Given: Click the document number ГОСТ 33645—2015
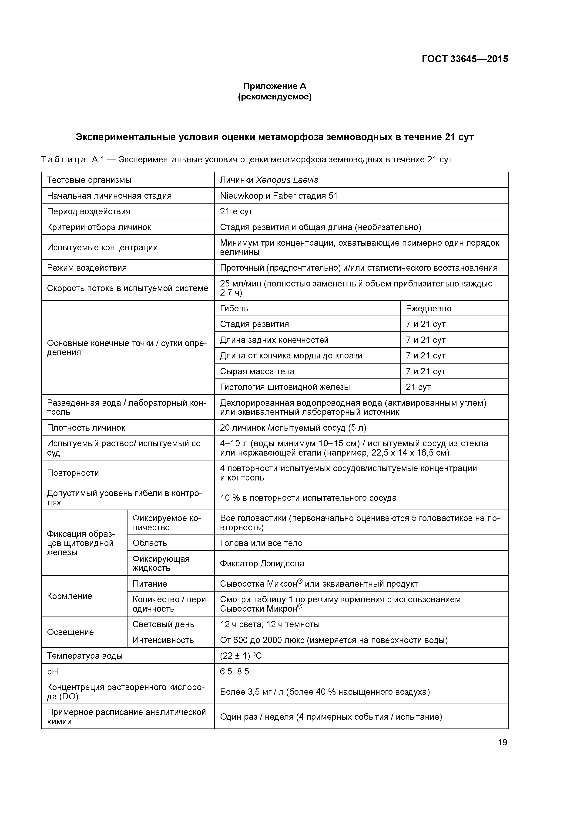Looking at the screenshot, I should [465, 59].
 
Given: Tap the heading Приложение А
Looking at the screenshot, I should [275, 86].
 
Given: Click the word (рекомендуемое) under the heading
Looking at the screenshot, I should [275, 97].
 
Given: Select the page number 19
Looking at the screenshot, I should [502, 742].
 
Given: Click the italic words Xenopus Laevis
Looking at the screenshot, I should [287, 180].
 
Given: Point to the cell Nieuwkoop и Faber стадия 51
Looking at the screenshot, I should [278, 196].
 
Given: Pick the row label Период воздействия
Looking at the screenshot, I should [88, 211].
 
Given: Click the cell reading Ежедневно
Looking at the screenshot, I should [428, 309].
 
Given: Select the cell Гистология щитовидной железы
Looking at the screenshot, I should [285, 387].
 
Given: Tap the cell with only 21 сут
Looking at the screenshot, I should [418, 387].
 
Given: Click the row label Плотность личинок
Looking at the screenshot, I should [86, 428].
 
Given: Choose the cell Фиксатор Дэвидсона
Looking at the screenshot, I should [262, 564].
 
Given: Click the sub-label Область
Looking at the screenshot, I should [150, 543].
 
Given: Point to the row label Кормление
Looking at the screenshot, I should [69, 596].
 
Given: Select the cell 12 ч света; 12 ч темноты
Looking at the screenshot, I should [269, 624].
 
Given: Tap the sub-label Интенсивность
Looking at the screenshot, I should [163, 640].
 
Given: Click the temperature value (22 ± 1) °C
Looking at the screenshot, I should [241, 656].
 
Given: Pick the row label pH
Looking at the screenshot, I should [52, 671].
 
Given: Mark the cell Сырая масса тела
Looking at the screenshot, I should [257, 371].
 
